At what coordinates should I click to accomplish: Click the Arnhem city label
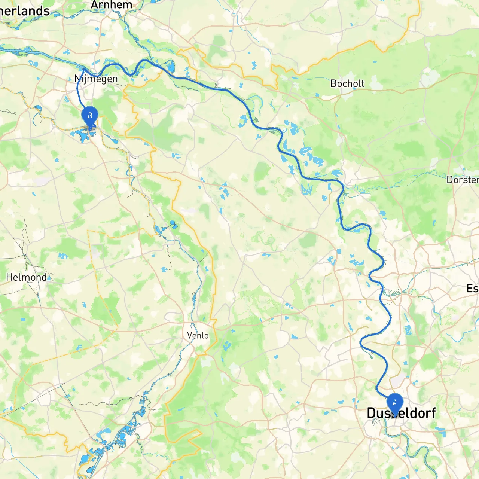click(112, 5)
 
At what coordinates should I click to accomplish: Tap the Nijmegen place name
click(96, 79)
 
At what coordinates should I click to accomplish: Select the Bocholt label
click(347, 83)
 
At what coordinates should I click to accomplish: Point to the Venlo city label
click(198, 335)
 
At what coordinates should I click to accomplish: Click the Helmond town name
click(27, 277)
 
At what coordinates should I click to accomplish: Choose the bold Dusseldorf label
click(401, 413)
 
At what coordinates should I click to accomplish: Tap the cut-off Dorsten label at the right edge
click(463, 180)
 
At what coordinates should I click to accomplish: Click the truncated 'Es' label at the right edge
click(472, 289)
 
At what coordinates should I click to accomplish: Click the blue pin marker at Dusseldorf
click(394, 403)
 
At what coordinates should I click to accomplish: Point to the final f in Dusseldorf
click(433, 413)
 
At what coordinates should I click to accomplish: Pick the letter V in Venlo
click(190, 335)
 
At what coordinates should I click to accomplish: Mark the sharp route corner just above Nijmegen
click(84, 69)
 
